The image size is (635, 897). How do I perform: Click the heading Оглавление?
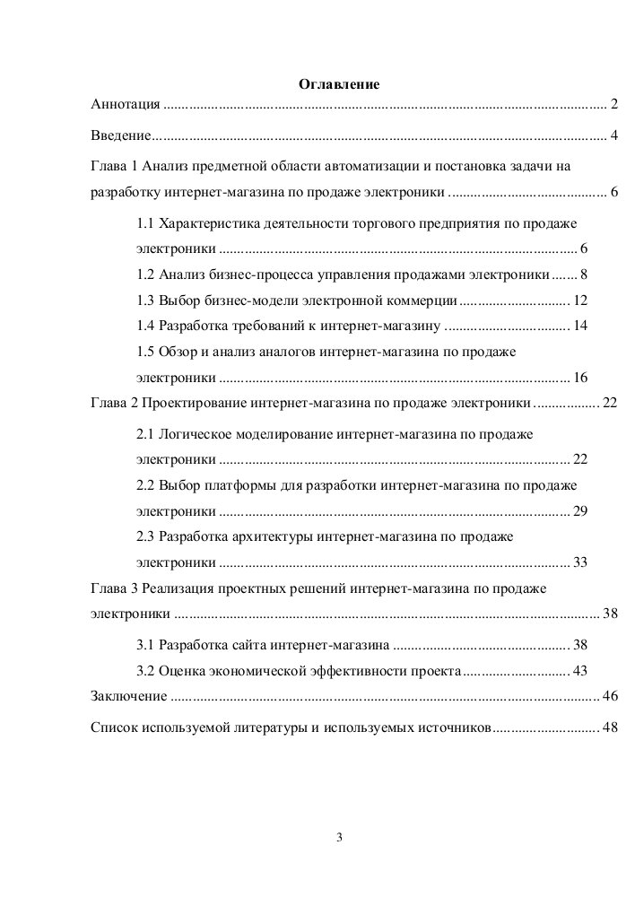pyautogui.click(x=339, y=84)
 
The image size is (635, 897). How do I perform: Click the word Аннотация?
pyautogui.click(x=126, y=105)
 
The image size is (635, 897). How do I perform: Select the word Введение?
pyautogui.click(x=121, y=136)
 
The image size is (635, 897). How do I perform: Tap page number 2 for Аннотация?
pyautogui.click(x=613, y=105)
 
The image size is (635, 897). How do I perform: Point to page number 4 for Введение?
pyautogui.click(x=613, y=136)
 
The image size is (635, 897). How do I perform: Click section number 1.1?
pyautogui.click(x=145, y=222)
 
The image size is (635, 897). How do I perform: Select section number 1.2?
pyautogui.click(x=145, y=274)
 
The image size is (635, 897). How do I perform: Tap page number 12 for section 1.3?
pyautogui.click(x=579, y=300)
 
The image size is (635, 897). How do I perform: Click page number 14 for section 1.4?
pyautogui.click(x=579, y=325)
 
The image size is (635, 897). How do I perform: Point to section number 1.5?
pyautogui.click(x=145, y=351)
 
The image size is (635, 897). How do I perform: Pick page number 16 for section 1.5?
pyautogui.click(x=579, y=377)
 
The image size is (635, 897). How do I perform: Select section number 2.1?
pyautogui.click(x=145, y=434)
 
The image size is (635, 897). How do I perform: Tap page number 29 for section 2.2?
pyautogui.click(x=579, y=511)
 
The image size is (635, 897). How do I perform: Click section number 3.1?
pyautogui.click(x=145, y=645)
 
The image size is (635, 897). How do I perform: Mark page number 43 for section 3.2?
pyautogui.click(x=579, y=671)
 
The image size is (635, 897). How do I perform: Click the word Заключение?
pyautogui.click(x=129, y=696)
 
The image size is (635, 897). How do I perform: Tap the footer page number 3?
pyautogui.click(x=339, y=839)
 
